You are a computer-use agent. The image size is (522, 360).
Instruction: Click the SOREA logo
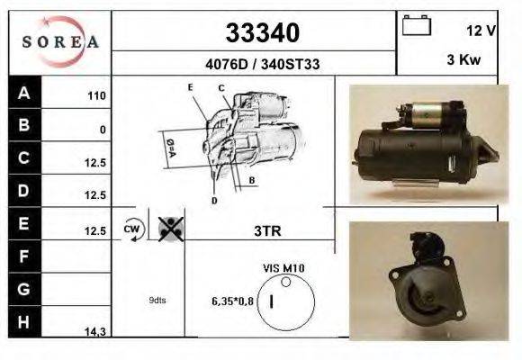pyautogui.click(x=59, y=42)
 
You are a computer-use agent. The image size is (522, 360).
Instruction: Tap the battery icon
pyautogui.click(x=417, y=25)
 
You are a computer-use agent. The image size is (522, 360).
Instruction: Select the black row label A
pyautogui.click(x=23, y=94)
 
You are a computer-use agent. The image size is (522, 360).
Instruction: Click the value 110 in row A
pyautogui.click(x=96, y=96)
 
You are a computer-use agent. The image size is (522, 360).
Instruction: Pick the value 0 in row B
pyautogui.click(x=103, y=130)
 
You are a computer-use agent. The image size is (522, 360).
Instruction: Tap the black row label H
pyautogui.click(x=23, y=321)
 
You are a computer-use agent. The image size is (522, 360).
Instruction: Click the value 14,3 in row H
pyautogui.click(x=95, y=332)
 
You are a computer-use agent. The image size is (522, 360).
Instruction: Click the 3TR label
pyautogui.click(x=268, y=230)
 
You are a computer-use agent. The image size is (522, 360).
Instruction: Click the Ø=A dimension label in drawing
pyautogui.click(x=170, y=146)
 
